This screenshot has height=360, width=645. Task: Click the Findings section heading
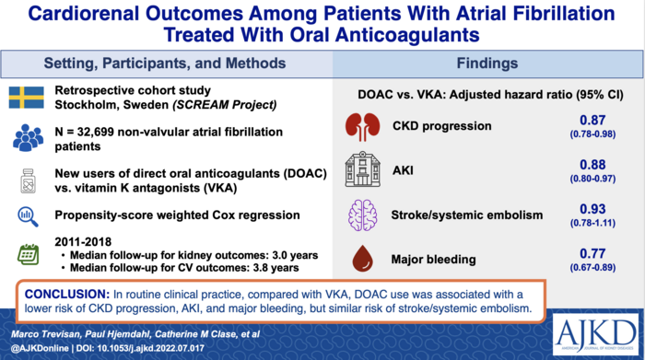486,64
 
